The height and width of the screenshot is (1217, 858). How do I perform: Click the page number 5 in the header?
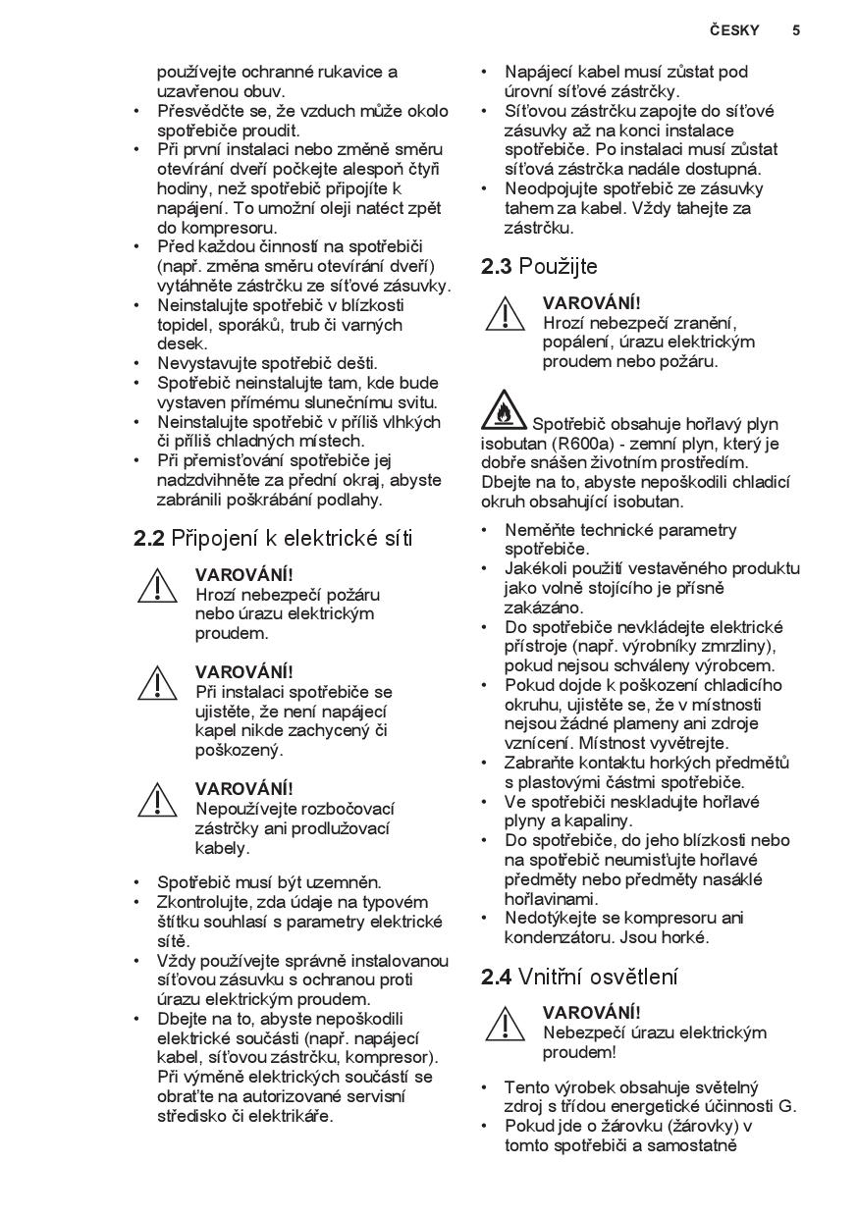[796, 30]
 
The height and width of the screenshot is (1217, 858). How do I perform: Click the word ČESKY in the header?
[734, 30]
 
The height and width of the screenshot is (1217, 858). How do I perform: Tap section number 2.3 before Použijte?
[497, 266]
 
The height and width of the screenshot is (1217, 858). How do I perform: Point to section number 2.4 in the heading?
[497, 977]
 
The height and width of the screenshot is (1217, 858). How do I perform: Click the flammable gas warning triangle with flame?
[504, 411]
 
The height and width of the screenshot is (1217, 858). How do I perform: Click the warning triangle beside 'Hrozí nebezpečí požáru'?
[157, 586]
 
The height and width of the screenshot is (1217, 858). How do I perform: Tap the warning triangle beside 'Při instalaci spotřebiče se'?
[157, 683]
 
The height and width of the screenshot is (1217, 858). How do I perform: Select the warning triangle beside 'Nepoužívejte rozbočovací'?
[157, 800]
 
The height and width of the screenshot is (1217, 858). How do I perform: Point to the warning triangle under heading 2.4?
[505, 1024]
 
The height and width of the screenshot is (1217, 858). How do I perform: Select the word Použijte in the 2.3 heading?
[558, 266]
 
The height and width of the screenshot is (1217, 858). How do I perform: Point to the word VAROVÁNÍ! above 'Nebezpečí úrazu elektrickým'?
[591, 1012]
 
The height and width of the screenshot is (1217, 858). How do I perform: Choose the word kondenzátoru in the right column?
[556, 937]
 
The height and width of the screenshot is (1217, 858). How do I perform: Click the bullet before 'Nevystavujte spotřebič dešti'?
[137, 363]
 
